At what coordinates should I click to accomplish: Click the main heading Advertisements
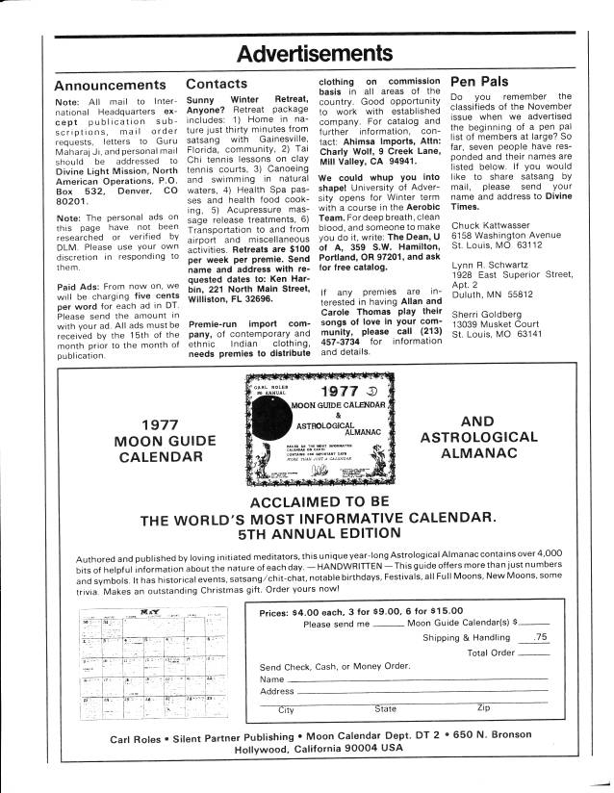pyautogui.click(x=307, y=51)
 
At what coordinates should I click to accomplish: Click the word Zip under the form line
pyautogui.click(x=484, y=709)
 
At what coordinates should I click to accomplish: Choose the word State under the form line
pyautogui.click(x=384, y=709)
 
